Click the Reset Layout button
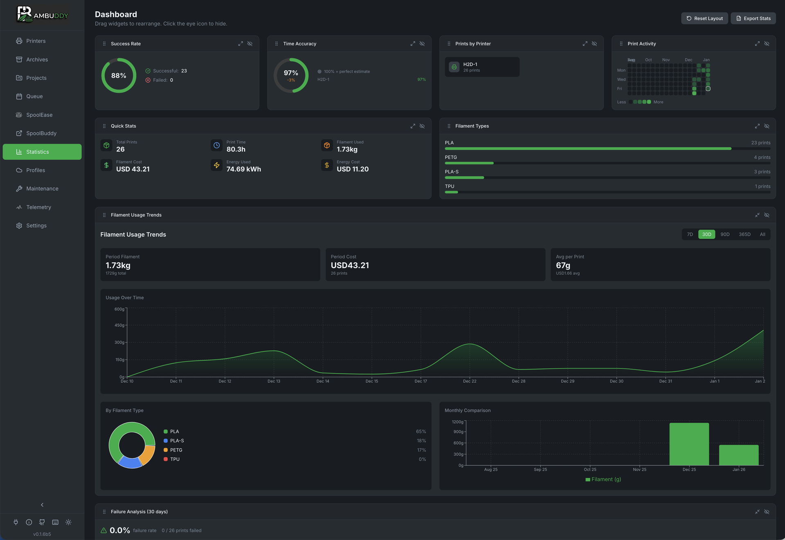tap(704, 18)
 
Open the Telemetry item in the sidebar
tap(38, 207)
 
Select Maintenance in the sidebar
tap(42, 189)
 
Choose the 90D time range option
tap(725, 234)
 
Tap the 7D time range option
tap(690, 234)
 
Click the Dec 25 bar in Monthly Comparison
tap(689, 444)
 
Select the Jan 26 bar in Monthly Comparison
tap(738, 455)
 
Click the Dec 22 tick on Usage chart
tap(470, 381)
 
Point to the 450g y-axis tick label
tap(119, 325)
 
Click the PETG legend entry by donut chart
tap(176, 450)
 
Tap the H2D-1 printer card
tap(482, 67)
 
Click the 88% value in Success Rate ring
tap(119, 76)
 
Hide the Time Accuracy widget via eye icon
tap(422, 44)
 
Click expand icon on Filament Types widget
tap(757, 126)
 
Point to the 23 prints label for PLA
tap(760, 143)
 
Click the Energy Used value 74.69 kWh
tap(243, 169)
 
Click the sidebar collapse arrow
tap(42, 505)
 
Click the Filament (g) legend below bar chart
tap(603, 479)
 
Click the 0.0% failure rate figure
tap(119, 531)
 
